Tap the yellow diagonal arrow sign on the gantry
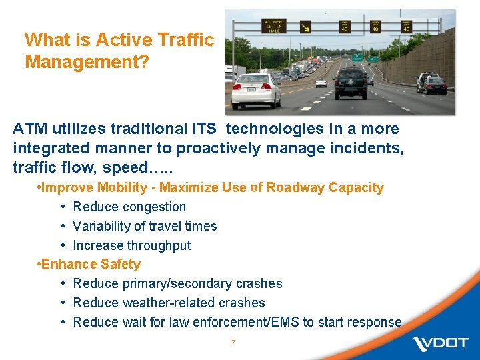[x=305, y=27]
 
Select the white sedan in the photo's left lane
[x=256, y=91]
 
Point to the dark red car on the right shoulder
[x=436, y=85]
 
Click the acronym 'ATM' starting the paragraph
[x=30, y=129]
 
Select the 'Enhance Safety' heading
[x=91, y=264]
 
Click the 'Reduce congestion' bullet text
[x=129, y=207]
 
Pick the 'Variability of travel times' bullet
[x=145, y=226]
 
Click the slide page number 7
[x=233, y=342]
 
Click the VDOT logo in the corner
[x=441, y=343]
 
